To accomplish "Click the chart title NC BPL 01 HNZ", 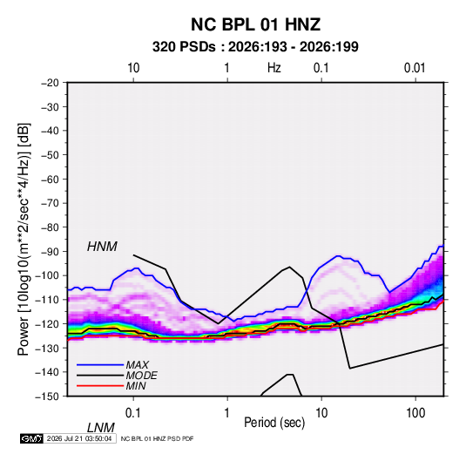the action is click(255, 24).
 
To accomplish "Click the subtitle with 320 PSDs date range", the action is click(255, 47).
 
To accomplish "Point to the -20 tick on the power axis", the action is click(50, 83).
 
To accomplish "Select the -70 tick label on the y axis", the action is click(50, 203).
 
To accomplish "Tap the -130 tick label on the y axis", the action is click(47, 348).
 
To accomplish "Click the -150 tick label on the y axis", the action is click(47, 396).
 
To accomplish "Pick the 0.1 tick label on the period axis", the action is click(133, 413).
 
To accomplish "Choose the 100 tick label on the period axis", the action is click(415, 413).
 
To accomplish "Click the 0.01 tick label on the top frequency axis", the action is click(415, 68).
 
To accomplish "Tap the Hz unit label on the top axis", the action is click(274, 68).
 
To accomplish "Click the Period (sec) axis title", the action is click(274, 423).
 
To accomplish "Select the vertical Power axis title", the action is click(24, 239).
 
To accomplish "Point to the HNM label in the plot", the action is click(102, 247).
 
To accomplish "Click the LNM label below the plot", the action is click(101, 428).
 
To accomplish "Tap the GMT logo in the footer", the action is click(32, 438).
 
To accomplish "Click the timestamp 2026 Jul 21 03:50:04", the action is click(79, 438).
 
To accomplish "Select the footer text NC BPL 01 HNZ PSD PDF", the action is click(157, 438).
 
